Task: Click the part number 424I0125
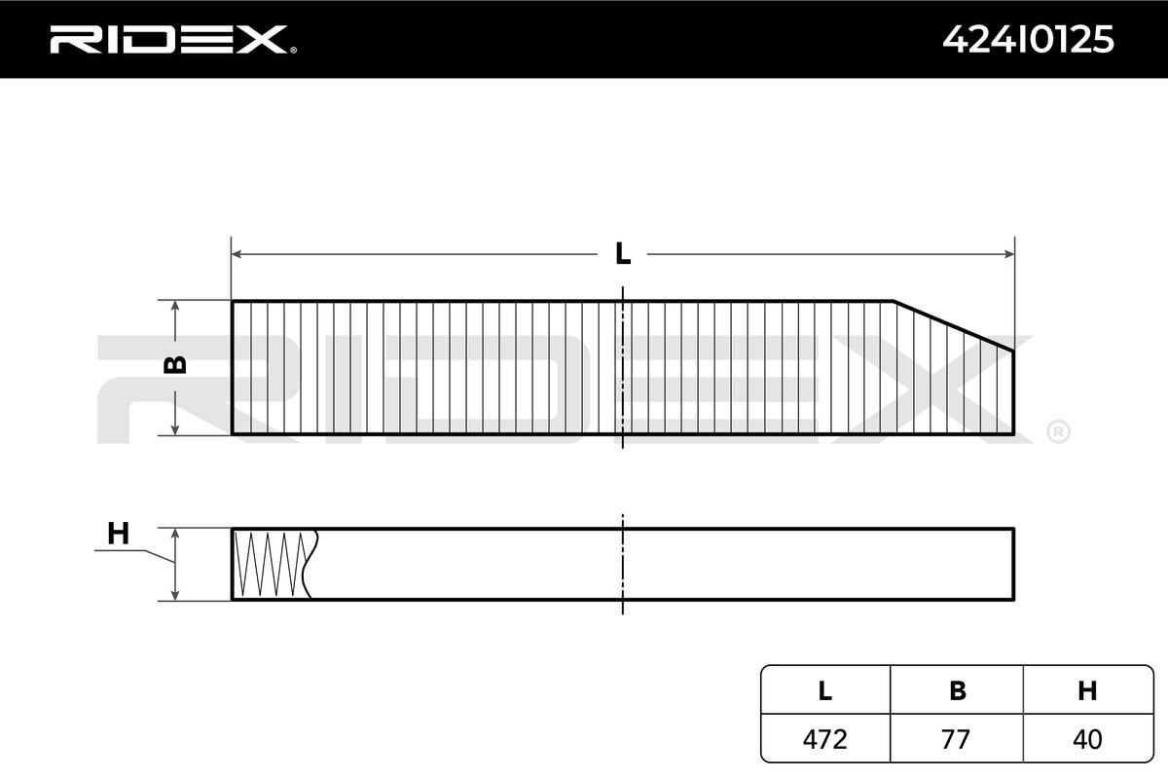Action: [x=1028, y=39]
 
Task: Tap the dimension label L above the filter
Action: [x=623, y=254]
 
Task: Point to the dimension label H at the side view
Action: [x=118, y=534]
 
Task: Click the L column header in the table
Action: [x=824, y=690]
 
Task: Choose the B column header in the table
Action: [x=957, y=690]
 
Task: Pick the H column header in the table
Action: [x=1087, y=690]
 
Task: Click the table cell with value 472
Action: [x=824, y=739]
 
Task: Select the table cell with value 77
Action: [x=957, y=739]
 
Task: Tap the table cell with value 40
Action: [x=1087, y=739]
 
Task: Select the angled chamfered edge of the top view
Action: [x=954, y=325]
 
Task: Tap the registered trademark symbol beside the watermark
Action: [x=1058, y=431]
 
